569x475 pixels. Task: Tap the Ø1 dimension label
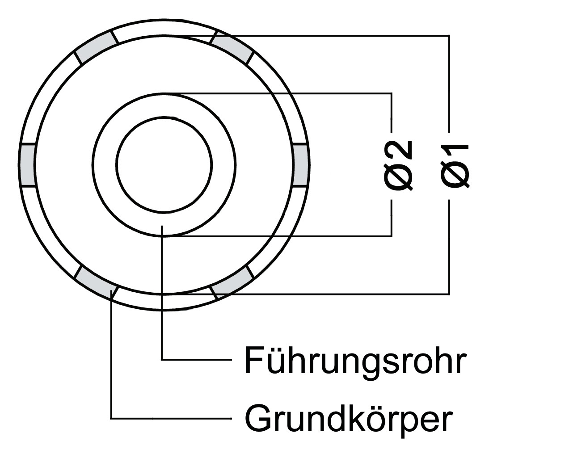coord(455,166)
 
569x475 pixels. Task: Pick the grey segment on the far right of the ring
coord(301,165)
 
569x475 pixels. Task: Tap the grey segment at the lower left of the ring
coord(96,282)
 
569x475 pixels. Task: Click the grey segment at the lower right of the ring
coord(232,282)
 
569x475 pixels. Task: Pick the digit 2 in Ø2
coord(398,150)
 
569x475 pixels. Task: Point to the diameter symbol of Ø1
coord(455,176)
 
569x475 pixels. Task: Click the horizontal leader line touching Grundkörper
coord(171,418)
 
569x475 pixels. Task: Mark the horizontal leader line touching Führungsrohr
coord(197,360)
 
